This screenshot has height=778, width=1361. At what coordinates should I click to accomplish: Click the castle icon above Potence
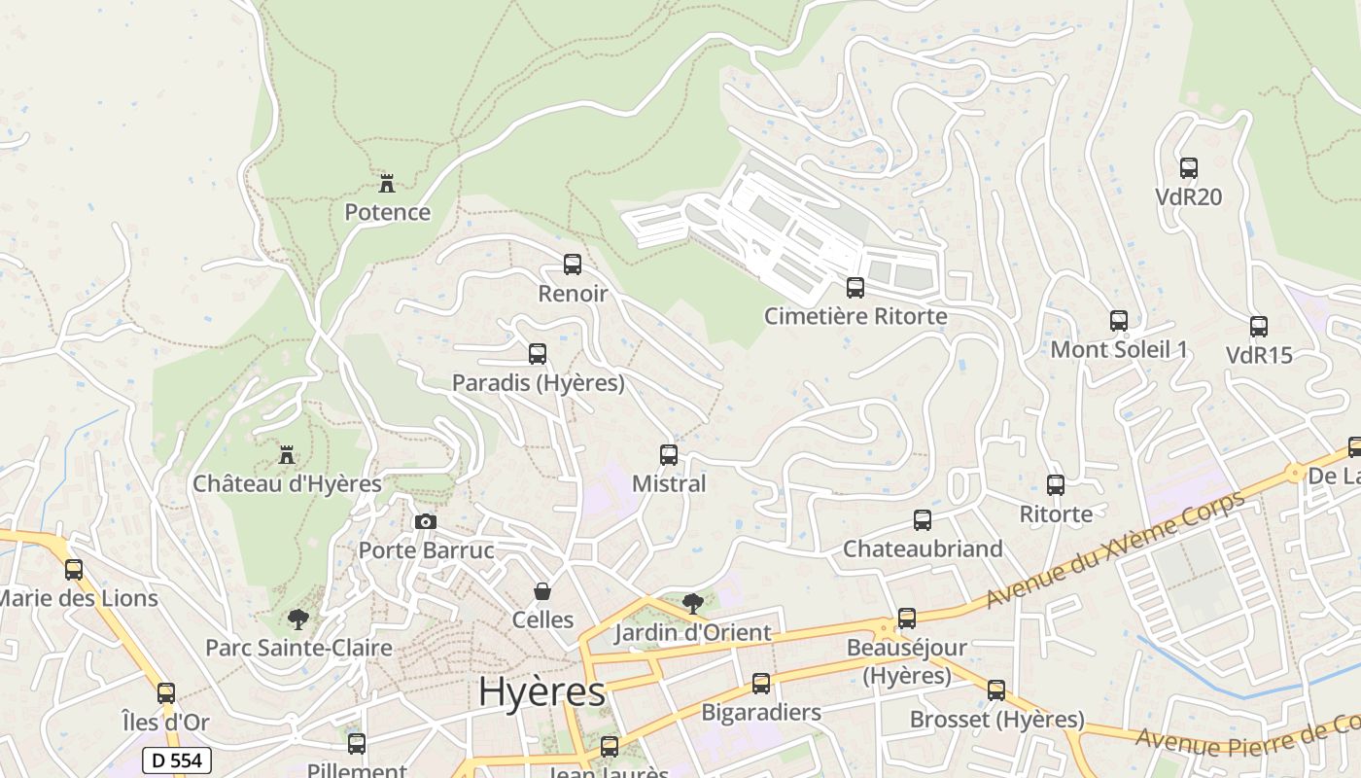[x=387, y=183]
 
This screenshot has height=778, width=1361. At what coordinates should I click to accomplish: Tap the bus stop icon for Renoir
[x=573, y=265]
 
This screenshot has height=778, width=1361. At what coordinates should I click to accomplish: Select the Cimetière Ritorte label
[x=855, y=316]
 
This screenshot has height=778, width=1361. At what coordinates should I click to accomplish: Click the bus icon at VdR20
[x=1188, y=168]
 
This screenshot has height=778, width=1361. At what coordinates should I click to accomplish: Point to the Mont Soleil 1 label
[x=1119, y=349]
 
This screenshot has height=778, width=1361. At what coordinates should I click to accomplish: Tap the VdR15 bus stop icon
[x=1259, y=327]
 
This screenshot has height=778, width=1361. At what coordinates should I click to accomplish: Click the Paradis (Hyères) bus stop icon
[x=538, y=354]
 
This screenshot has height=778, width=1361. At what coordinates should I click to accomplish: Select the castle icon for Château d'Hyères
[x=287, y=454]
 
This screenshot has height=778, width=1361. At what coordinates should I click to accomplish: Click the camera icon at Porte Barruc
[x=425, y=522]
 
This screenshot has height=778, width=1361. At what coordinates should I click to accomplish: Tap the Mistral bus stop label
[x=669, y=483]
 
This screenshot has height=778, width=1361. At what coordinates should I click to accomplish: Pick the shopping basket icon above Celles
[x=542, y=591]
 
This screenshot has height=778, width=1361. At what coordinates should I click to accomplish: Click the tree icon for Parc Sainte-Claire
[x=298, y=619]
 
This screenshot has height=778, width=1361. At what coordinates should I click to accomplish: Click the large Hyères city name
[x=541, y=691]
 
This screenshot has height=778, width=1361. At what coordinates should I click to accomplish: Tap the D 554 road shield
[x=177, y=760]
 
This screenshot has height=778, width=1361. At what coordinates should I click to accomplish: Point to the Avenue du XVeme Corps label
[x=1115, y=550]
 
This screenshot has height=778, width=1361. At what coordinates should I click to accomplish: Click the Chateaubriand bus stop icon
[x=923, y=520]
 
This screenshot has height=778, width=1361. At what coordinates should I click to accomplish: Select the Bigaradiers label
[x=761, y=712]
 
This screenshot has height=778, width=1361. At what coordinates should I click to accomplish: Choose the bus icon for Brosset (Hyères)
[x=996, y=690]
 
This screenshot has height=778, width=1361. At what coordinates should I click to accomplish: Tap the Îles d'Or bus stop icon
[x=166, y=693]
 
